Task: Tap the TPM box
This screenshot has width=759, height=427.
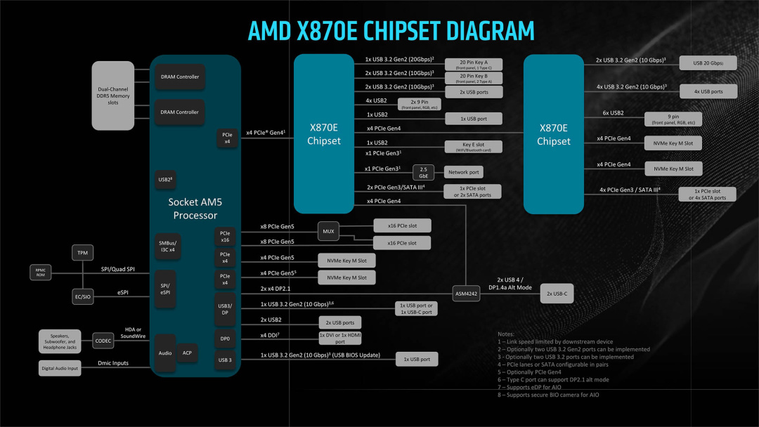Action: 82,252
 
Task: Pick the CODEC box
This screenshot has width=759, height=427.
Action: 103,341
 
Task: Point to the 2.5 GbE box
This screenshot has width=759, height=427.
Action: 423,172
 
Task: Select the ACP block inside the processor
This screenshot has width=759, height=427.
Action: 187,353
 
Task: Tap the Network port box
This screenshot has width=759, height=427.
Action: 463,172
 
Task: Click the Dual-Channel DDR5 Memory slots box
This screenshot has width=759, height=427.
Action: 113,96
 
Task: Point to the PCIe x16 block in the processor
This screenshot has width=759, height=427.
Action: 225,236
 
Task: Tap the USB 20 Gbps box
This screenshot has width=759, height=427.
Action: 708,63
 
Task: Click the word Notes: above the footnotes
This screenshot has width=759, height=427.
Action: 506,334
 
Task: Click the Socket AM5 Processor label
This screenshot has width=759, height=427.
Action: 195,209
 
